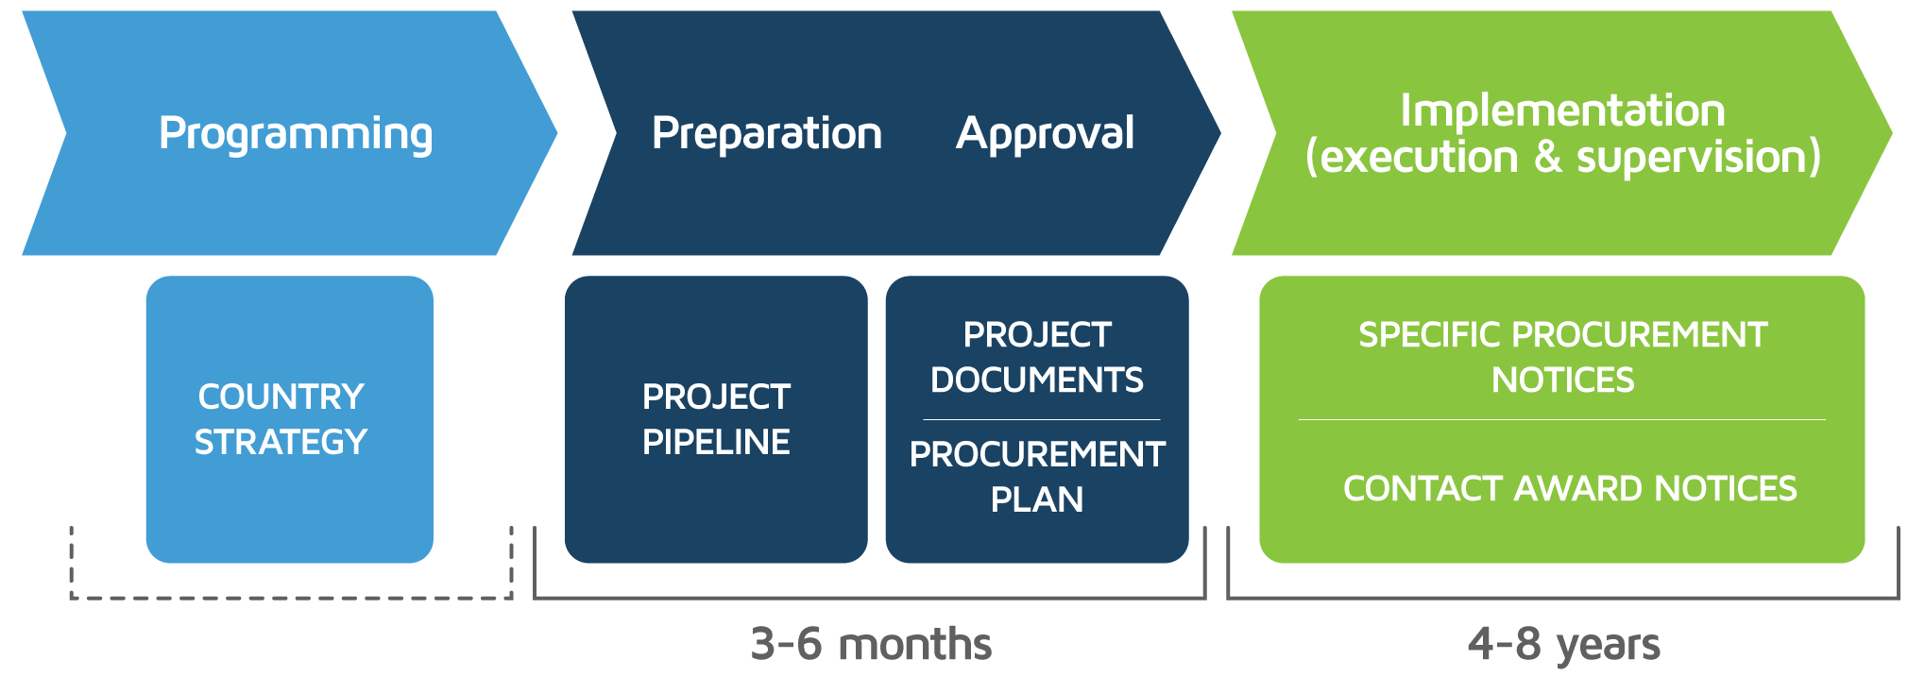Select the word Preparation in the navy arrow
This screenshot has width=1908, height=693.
tap(767, 134)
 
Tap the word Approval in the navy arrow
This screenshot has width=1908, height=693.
tap(1045, 134)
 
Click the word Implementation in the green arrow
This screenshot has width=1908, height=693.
tap(1562, 110)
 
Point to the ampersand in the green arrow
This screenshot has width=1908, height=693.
tap(1547, 157)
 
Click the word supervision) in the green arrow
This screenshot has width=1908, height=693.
tap(1698, 158)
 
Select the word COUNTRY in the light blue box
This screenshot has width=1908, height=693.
tap(281, 397)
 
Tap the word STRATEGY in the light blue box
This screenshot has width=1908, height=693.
tap(281, 442)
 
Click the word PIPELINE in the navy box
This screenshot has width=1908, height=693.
tap(716, 442)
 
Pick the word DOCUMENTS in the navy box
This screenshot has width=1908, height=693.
tap(1037, 380)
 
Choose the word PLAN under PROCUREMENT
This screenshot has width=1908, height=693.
tap(1037, 499)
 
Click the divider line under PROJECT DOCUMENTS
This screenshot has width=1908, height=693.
tap(1041, 419)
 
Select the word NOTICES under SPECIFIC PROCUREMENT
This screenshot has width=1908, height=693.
tap(1562, 380)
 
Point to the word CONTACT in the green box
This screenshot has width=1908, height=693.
tap(1423, 488)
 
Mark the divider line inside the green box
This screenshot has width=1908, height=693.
tap(1562, 419)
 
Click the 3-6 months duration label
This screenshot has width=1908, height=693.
tap(871, 645)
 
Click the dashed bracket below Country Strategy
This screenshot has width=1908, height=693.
tap(291, 598)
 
